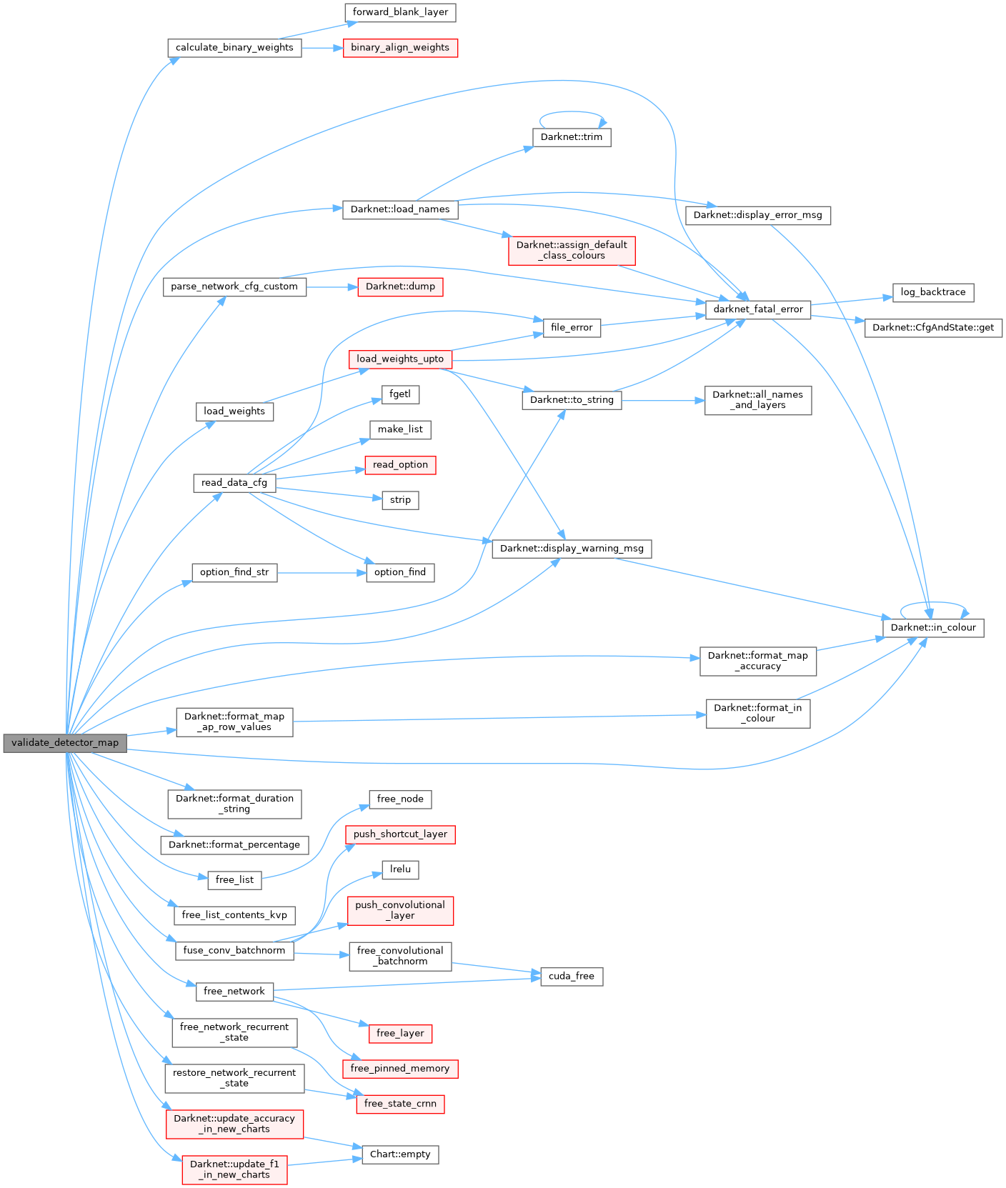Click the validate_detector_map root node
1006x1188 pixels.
tap(65, 743)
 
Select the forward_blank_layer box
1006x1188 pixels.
tap(400, 12)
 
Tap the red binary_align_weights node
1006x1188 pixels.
tap(400, 48)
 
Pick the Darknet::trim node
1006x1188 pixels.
tap(572, 137)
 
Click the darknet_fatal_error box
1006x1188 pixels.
tap(758, 309)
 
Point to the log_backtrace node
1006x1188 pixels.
tap(933, 292)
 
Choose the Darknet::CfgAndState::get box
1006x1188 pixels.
tap(933, 328)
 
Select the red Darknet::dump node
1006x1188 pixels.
tap(400, 286)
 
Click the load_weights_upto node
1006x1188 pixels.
tap(400, 359)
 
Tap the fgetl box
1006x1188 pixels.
tap(400, 394)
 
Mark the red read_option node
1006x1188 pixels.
tap(400, 465)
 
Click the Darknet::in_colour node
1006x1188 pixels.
tap(933, 628)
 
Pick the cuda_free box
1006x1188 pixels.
tap(572, 977)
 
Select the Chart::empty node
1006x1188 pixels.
tap(400, 1154)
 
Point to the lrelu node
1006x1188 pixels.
tap(400, 869)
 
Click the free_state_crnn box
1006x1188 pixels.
tap(400, 1104)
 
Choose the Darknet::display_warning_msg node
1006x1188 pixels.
tap(572, 549)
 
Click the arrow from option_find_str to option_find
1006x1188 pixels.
tap(322, 573)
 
